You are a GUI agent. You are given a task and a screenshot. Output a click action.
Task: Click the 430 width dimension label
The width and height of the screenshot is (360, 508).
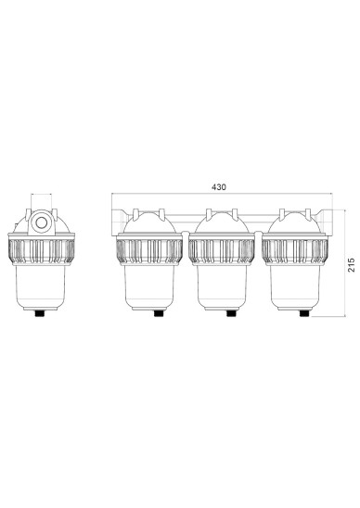click(219, 187)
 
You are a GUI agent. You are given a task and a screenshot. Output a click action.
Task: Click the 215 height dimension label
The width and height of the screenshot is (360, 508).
click(352, 265)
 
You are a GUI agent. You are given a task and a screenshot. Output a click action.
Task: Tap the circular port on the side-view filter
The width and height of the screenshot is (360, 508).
click(42, 222)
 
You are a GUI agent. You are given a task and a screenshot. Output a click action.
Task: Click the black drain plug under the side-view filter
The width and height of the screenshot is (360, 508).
click(40, 313)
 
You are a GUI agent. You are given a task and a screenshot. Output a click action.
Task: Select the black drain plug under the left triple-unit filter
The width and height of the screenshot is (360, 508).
click(159, 313)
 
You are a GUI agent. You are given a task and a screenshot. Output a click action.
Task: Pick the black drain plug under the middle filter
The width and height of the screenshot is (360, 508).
click(231, 313)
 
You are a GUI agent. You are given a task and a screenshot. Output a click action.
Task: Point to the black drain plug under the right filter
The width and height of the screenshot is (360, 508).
click(304, 313)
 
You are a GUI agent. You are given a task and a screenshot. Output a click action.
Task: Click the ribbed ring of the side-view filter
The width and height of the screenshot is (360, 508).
click(42, 251)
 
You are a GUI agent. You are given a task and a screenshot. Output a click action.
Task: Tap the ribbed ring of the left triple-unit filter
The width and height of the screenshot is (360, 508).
click(149, 251)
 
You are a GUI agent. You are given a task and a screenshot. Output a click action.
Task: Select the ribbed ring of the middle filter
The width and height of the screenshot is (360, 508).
click(222, 251)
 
